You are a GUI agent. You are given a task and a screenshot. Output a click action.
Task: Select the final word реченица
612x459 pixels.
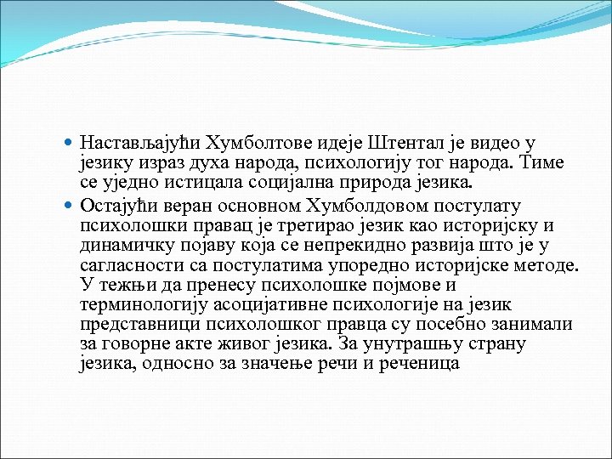(417, 364)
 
